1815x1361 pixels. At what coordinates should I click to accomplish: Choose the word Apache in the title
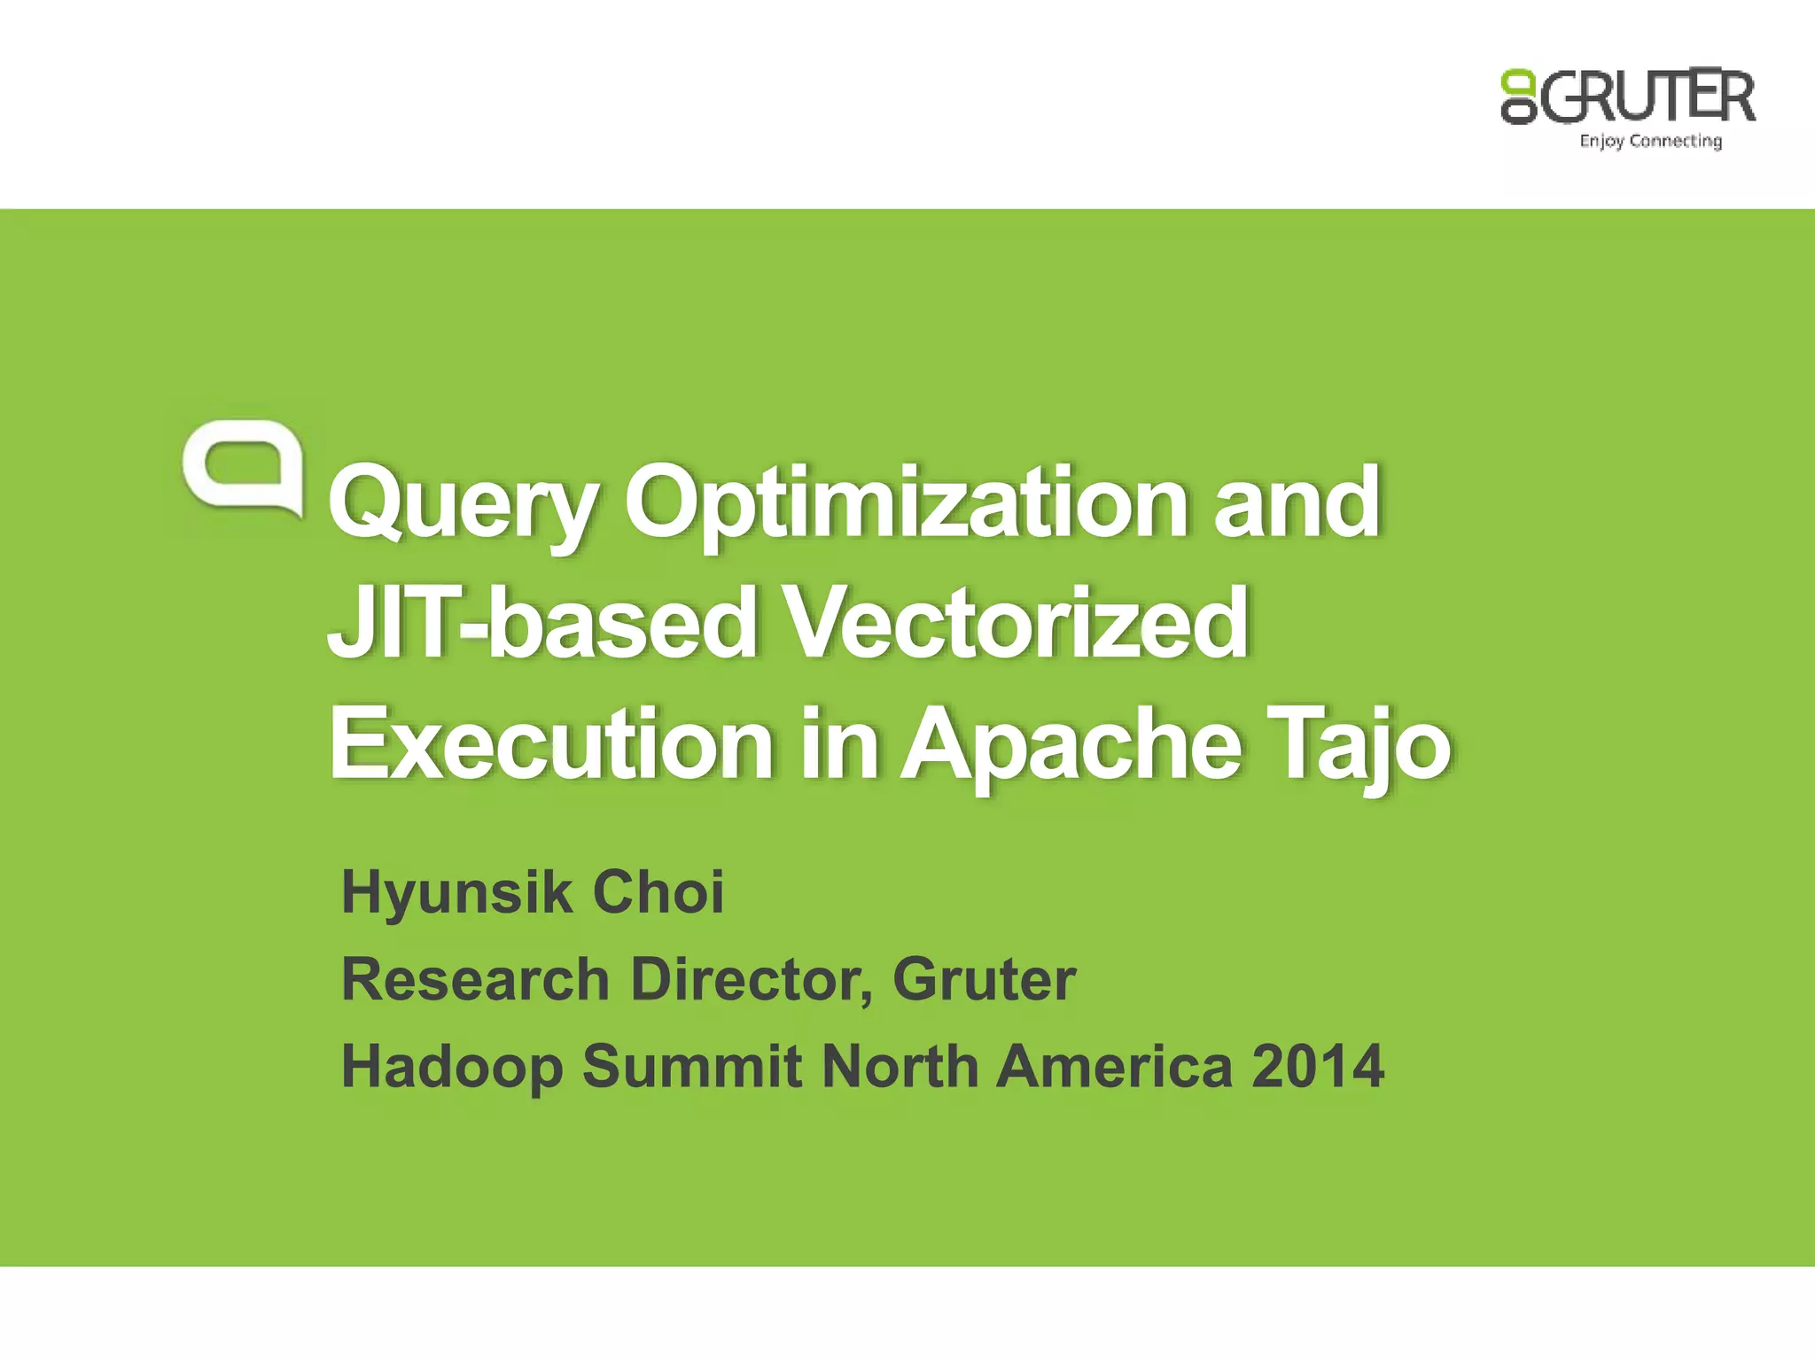coord(1071,744)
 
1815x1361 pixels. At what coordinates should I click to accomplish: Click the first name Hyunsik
coord(456,892)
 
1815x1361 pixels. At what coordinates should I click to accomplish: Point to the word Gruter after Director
coord(984,979)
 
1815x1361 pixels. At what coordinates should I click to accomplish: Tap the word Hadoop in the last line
coord(452,1067)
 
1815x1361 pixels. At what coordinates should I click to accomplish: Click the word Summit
coord(691,1066)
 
